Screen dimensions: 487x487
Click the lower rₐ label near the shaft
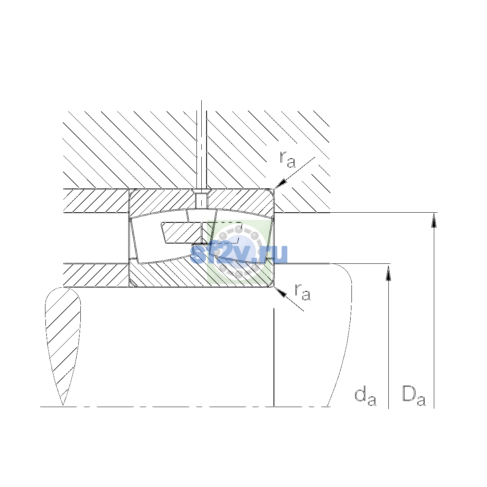click(x=302, y=292)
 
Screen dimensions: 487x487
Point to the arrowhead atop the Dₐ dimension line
click(x=434, y=220)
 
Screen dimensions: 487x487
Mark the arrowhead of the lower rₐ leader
click(x=280, y=292)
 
